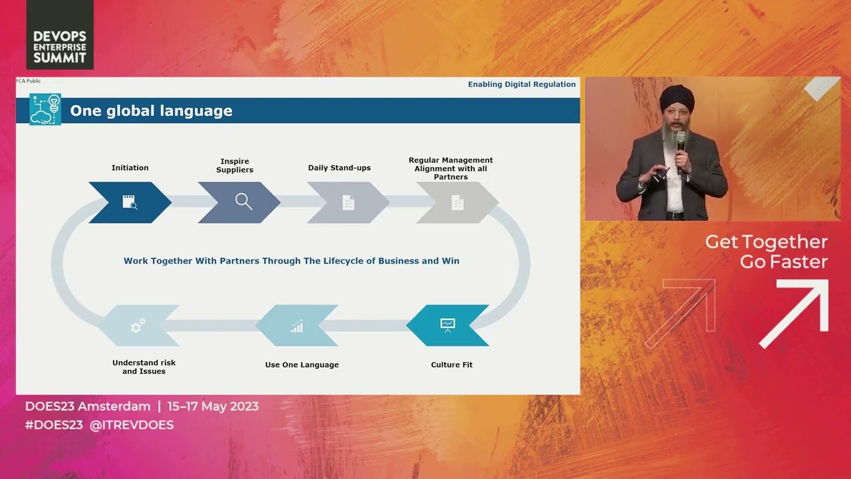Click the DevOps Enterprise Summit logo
coord(60,35)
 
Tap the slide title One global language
coord(151,111)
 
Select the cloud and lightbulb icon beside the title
coord(45,110)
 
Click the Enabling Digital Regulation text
coord(522,84)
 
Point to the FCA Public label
coord(28,80)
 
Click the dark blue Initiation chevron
coord(130,202)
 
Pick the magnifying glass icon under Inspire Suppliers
coord(243,202)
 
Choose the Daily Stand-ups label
coord(339,168)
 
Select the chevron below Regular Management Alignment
coord(457,202)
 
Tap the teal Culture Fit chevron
coord(447,325)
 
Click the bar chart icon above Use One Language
coord(297,326)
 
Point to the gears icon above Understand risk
coord(138,326)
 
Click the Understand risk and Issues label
coord(144,367)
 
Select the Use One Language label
coord(302,365)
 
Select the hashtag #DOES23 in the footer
coord(54,424)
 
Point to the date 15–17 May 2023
coord(213,406)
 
